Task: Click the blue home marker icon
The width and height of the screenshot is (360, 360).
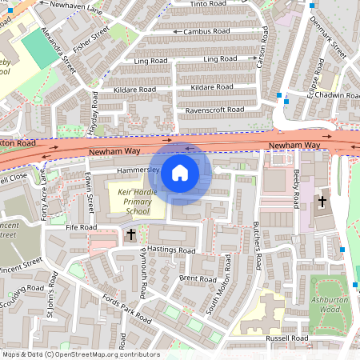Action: (x=180, y=172)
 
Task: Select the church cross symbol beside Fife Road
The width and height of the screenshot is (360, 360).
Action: (x=131, y=234)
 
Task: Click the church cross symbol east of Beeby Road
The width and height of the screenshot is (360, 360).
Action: (x=323, y=202)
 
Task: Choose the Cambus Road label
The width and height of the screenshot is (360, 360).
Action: (x=206, y=32)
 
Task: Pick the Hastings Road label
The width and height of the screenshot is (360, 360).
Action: (x=170, y=250)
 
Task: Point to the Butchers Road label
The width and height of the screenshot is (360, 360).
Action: (x=258, y=245)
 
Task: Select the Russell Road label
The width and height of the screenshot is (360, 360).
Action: (x=287, y=338)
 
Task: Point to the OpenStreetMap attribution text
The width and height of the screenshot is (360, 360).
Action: (x=80, y=354)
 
